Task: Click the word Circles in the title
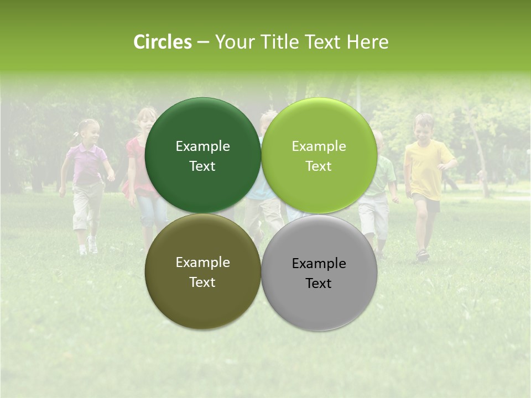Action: click(x=162, y=42)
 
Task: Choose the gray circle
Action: click(x=319, y=304)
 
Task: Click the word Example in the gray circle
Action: click(x=319, y=264)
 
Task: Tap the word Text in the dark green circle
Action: click(x=202, y=166)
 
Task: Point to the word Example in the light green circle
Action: click(x=319, y=146)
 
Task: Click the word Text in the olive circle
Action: click(x=202, y=282)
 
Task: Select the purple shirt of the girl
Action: click(x=87, y=164)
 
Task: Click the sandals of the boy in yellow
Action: click(x=423, y=255)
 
